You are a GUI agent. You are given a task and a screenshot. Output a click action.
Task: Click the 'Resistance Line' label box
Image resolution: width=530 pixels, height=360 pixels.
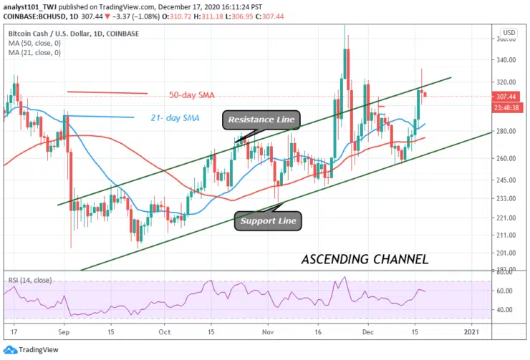click(261, 120)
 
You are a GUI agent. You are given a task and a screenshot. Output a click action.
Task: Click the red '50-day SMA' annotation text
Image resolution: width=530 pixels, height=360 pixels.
click(192, 95)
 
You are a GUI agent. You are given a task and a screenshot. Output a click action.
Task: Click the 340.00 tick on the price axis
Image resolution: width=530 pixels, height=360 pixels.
click(507, 60)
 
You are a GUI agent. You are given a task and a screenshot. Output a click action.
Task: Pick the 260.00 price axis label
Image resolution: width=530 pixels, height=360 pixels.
click(507, 158)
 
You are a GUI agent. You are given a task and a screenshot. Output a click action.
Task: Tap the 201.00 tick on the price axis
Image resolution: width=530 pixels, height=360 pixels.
click(507, 253)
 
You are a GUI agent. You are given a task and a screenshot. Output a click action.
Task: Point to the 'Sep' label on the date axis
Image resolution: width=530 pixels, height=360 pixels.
click(64, 332)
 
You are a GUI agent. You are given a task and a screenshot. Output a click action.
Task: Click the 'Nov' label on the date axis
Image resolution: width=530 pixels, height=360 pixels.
click(267, 332)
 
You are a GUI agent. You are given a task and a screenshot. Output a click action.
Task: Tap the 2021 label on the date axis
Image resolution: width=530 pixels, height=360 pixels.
click(472, 332)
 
